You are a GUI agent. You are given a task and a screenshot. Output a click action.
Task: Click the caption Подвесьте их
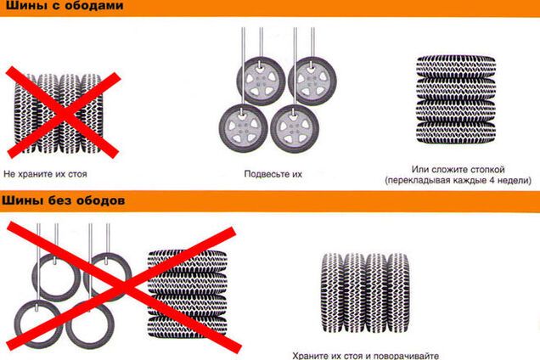(273, 174)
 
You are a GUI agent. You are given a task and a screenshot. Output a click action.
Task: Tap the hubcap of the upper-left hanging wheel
(261, 82)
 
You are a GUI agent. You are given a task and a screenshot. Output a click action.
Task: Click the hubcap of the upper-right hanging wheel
(312, 82)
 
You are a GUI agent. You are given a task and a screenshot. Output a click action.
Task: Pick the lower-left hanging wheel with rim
(243, 128)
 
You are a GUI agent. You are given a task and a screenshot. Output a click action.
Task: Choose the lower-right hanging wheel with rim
(295, 128)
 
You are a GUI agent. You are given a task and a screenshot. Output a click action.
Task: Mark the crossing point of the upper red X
(64, 113)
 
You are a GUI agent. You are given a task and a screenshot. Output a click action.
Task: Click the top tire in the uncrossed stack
(456, 66)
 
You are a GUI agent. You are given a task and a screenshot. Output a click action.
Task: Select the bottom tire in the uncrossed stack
(456, 132)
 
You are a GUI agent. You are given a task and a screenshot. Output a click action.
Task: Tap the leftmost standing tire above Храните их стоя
(333, 293)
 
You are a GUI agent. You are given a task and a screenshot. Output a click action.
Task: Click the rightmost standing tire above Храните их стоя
(398, 293)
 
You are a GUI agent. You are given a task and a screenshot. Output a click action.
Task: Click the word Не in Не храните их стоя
(9, 174)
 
